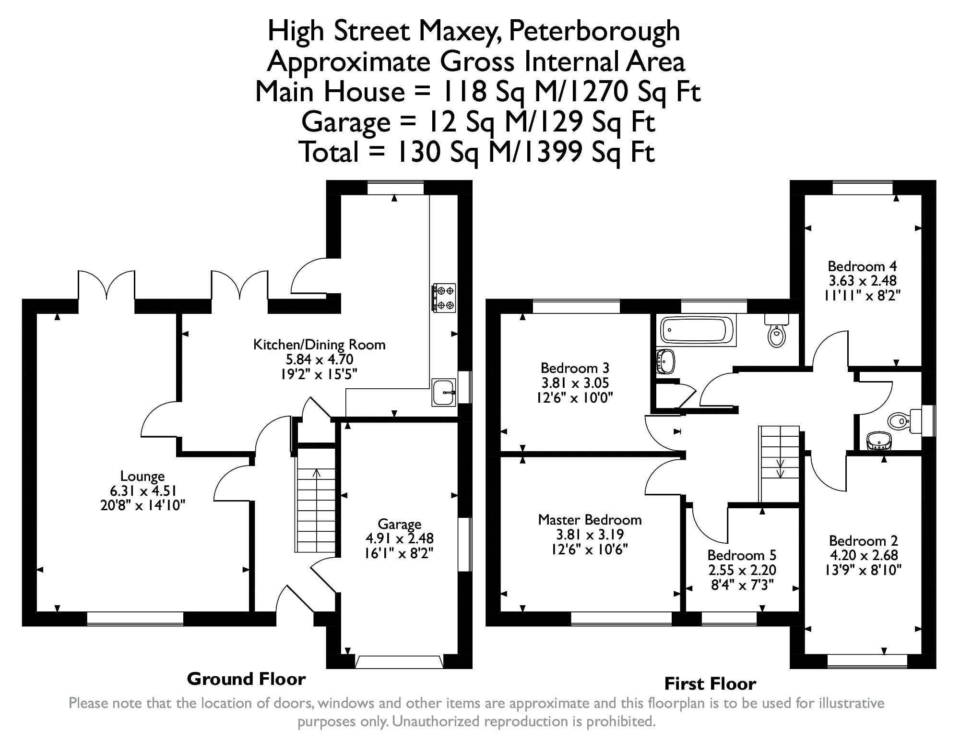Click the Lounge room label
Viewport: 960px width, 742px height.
click(x=142, y=476)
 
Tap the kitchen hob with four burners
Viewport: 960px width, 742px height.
click(x=444, y=298)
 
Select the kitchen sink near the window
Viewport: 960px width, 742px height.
click(x=444, y=392)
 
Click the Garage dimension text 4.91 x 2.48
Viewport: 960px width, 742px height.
click(x=399, y=539)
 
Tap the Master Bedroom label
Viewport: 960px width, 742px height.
click(x=590, y=519)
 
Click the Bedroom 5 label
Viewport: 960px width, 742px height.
click(x=741, y=555)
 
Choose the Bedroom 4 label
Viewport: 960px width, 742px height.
click(x=862, y=266)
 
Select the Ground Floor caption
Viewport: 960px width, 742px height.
click(x=246, y=679)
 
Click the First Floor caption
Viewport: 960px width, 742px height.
click(x=710, y=683)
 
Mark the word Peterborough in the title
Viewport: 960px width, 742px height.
click(x=594, y=31)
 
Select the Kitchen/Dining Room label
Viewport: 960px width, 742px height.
click(x=319, y=344)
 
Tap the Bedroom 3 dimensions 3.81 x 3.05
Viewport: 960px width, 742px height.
click(x=575, y=383)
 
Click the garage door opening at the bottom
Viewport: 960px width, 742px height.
click(x=399, y=662)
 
